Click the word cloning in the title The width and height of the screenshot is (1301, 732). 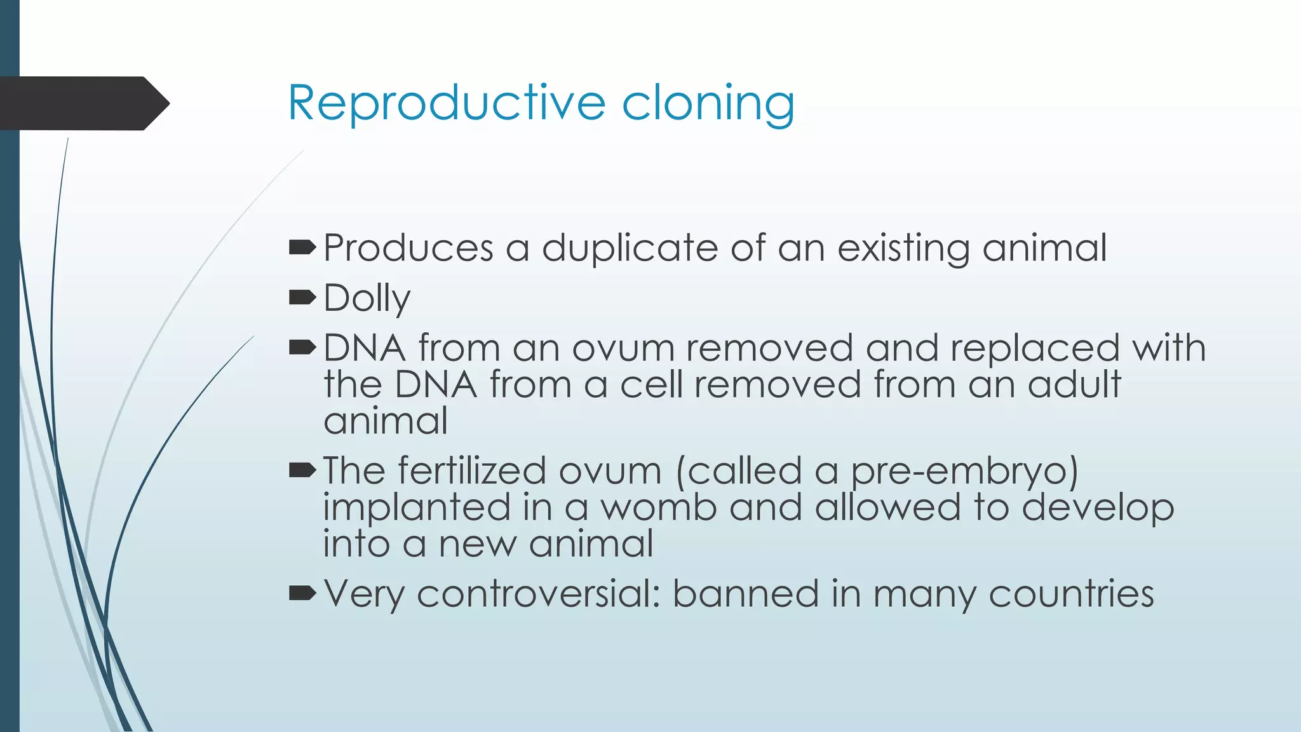[x=708, y=103]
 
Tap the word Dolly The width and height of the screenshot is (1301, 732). [x=367, y=298]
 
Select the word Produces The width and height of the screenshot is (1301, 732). [x=408, y=248]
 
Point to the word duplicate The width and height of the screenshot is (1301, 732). [x=630, y=248]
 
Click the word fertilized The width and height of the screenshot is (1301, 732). [x=472, y=471]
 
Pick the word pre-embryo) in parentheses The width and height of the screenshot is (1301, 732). [x=964, y=471]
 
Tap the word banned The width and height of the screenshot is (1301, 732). [x=746, y=594]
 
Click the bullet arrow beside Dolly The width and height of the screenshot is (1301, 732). [x=302, y=297]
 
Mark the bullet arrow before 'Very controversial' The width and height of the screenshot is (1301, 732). [x=302, y=593]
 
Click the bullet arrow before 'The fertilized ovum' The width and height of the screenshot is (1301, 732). [x=302, y=470]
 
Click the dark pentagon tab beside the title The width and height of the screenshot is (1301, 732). [x=83, y=103]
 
